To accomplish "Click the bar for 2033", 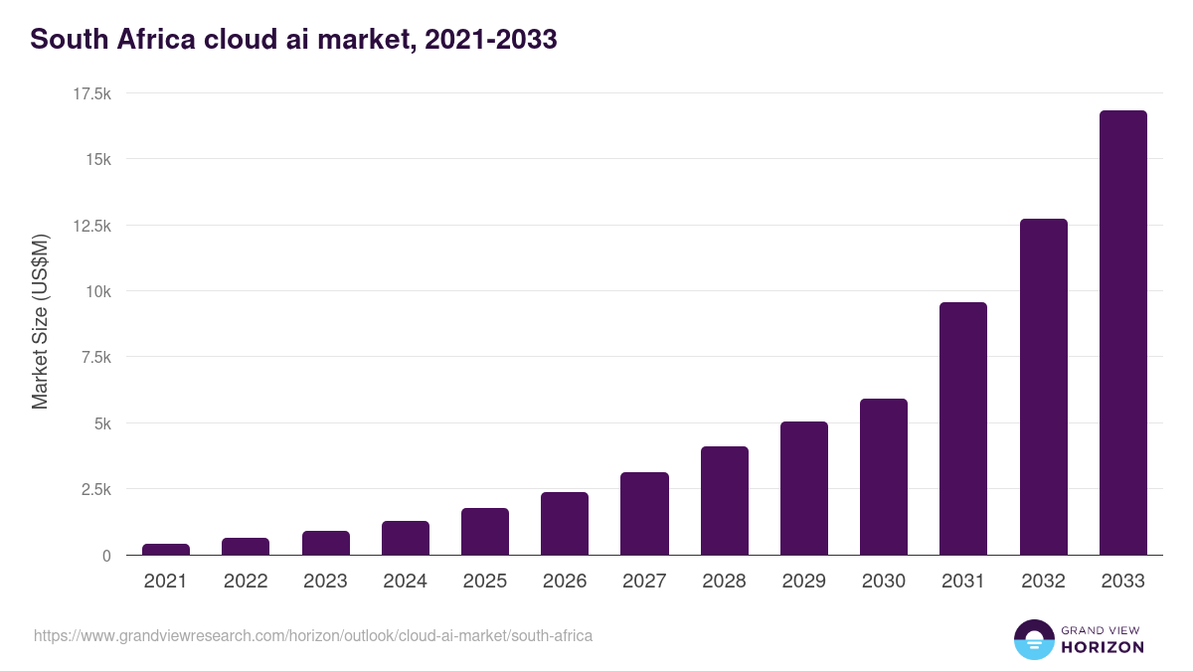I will (x=1122, y=333).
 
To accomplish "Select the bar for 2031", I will (x=963, y=428).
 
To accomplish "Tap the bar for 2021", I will (x=166, y=549).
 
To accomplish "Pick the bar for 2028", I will (x=724, y=501).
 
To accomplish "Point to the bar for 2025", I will (x=485, y=532).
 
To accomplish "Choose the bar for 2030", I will (x=884, y=477).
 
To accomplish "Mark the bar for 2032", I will (x=1043, y=387).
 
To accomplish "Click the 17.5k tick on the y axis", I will (x=91, y=93).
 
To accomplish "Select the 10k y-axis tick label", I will (x=97, y=291).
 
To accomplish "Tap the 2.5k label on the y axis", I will (x=95, y=489).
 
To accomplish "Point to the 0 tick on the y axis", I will (x=105, y=556).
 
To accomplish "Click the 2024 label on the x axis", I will (x=405, y=582).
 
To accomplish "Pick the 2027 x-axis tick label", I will (x=644, y=582).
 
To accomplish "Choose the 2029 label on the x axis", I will (x=803, y=582).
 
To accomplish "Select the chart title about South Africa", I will (x=293, y=40).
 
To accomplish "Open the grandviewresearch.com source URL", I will (x=313, y=635).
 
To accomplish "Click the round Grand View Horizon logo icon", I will (x=1033, y=639).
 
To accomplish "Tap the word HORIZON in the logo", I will (x=1102, y=647).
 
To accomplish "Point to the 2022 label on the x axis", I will (x=246, y=582).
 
